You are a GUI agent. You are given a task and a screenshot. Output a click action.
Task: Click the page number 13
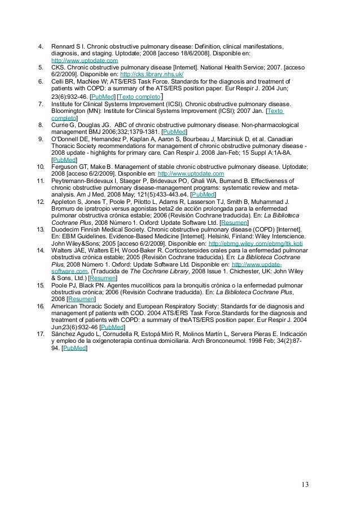(305, 468)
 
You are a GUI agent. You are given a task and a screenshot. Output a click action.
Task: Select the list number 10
(40, 167)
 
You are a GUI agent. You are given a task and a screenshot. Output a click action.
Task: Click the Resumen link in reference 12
(217, 223)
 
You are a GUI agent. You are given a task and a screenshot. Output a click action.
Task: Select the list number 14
(40, 250)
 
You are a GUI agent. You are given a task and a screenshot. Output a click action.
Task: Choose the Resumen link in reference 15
(81, 299)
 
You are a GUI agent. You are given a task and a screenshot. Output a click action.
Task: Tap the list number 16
(40, 306)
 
